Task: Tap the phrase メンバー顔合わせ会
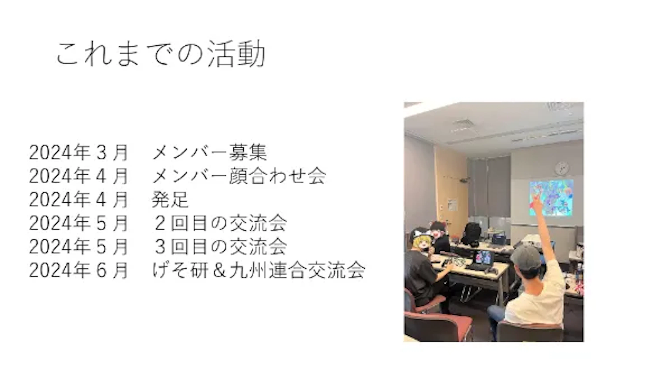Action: [x=239, y=176]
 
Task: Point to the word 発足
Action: [x=170, y=199]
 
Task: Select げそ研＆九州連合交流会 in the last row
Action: [x=258, y=270]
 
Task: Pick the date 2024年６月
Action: [x=78, y=270]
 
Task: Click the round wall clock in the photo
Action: [x=562, y=168]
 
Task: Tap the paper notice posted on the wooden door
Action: [x=452, y=205]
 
